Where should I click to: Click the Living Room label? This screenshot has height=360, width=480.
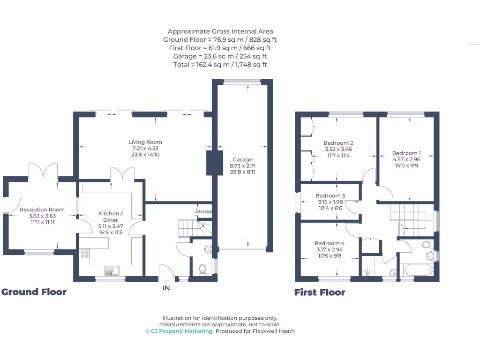(x=145, y=142)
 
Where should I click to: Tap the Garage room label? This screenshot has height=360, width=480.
(x=242, y=160)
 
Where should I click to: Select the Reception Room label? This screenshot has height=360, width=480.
(x=42, y=210)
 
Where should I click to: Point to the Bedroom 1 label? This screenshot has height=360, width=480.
(x=406, y=153)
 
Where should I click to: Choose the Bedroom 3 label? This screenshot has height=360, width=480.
(x=330, y=195)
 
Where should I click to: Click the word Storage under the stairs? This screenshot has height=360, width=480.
(x=204, y=211)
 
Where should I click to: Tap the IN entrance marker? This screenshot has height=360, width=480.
(x=166, y=288)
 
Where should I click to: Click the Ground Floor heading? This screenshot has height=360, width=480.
(x=34, y=292)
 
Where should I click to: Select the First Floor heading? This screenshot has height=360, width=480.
(x=320, y=292)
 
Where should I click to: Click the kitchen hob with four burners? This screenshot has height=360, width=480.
(x=85, y=255)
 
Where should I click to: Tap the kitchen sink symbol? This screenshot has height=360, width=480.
(x=112, y=270)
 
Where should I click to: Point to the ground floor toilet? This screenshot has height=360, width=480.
(x=202, y=269)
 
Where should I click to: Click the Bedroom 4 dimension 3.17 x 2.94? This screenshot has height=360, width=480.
(x=330, y=249)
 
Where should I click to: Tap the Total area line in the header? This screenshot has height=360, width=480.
(x=220, y=65)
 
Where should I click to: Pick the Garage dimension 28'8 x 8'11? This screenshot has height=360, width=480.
(x=242, y=172)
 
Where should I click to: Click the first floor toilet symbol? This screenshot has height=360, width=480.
(x=427, y=244)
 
